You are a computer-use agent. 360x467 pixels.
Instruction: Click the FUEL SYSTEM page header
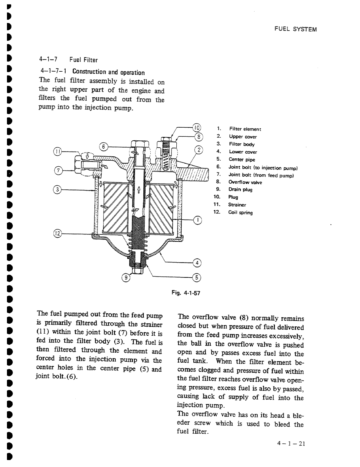coord(295,29)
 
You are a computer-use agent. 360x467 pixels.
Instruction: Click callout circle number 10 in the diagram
coord(197,127)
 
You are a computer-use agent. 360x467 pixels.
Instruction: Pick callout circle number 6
coord(103,147)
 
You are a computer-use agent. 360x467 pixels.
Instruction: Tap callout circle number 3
coord(57,190)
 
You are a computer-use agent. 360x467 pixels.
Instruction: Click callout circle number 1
coord(197,220)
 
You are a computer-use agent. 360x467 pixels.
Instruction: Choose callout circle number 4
coord(197,263)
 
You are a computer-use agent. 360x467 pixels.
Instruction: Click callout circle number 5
coord(197,277)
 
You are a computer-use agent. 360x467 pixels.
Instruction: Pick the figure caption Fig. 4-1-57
coord(185,293)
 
